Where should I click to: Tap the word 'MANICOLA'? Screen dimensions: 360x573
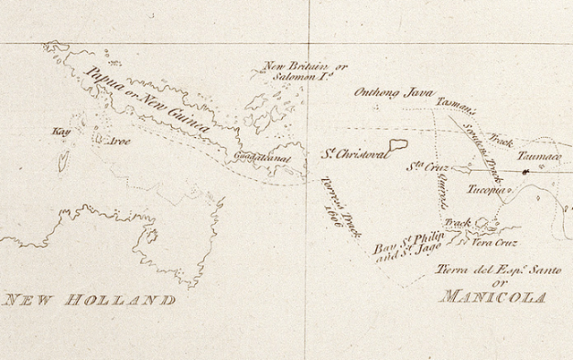coord(492,296)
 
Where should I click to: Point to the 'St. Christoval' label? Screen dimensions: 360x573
coord(355,155)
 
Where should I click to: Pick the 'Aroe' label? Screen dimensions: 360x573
coord(119,141)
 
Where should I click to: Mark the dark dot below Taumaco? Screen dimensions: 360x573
coord(526,171)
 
